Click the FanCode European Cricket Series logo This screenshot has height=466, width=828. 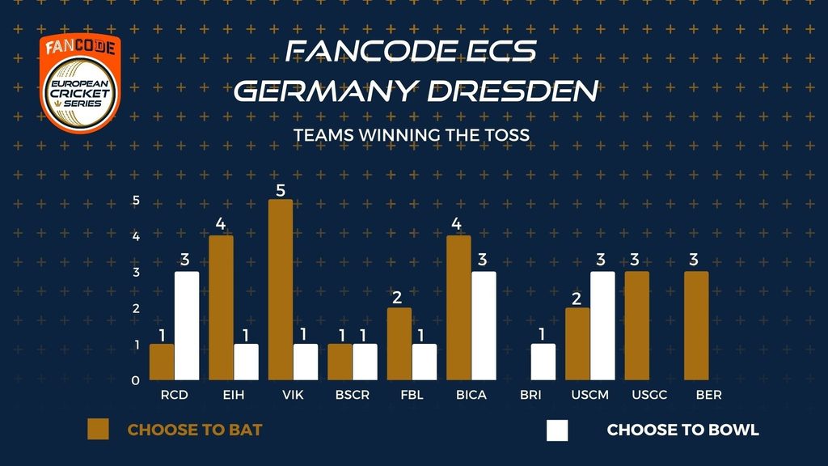pos(80,83)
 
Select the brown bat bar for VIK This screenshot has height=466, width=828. pos(281,290)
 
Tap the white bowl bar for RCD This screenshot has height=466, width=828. pos(187,325)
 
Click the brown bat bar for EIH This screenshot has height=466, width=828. pos(222,307)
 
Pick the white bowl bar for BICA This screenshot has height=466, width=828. pos(484,325)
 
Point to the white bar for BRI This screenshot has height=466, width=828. pos(543,362)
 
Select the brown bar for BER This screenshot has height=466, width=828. pos(696,325)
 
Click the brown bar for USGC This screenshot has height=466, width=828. pos(637,325)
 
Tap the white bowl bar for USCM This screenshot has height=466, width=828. pos(602,325)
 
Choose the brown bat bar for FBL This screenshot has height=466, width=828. pos(399,344)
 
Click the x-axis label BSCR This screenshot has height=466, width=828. pos(353,396)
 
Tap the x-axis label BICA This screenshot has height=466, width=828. pos(471,396)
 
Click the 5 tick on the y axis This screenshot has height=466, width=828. pos(136,201)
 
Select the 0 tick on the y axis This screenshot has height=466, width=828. pos(136,380)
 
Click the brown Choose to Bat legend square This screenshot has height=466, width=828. pos(98,430)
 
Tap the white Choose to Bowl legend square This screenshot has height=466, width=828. pos(557,430)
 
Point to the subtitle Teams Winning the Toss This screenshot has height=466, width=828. pos(412,134)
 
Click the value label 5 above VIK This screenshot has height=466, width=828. pos(281,189)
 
